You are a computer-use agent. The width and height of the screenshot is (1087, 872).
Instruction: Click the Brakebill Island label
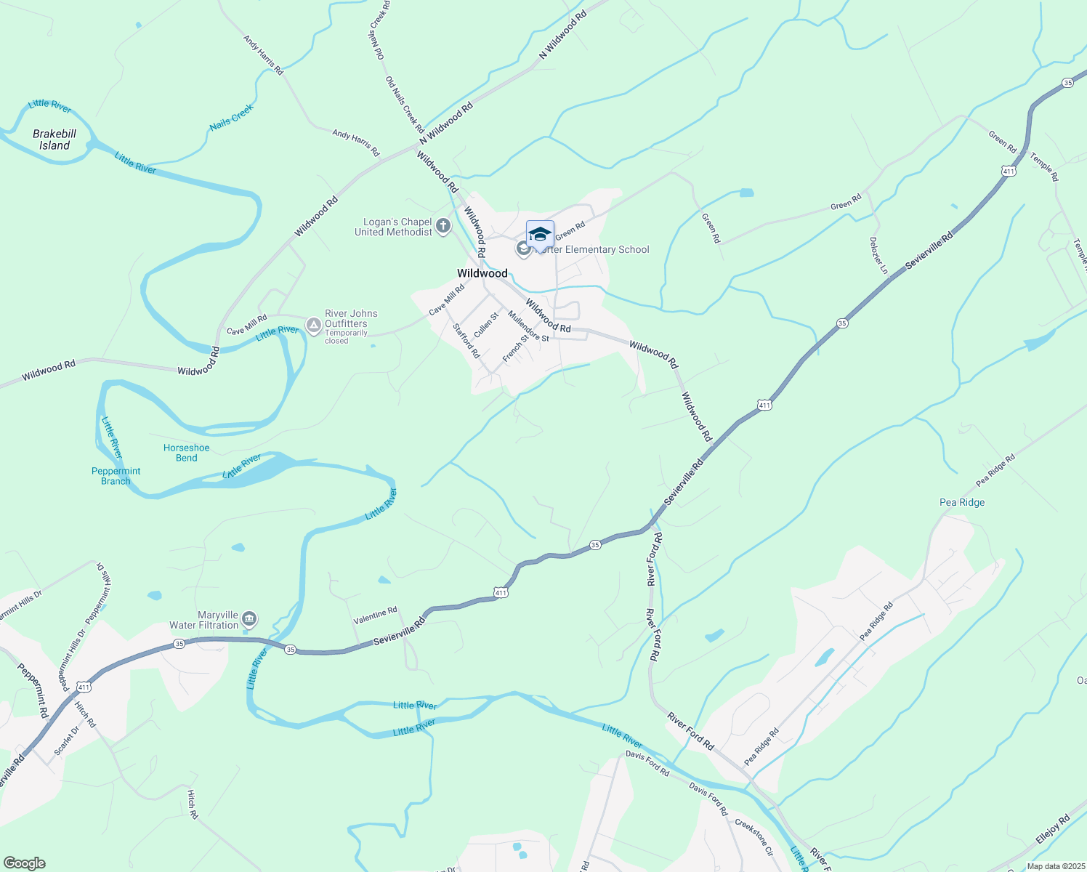tap(54, 140)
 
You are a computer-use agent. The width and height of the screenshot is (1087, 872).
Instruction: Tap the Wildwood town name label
tap(482, 273)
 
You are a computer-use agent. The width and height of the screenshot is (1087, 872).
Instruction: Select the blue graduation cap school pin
tap(540, 235)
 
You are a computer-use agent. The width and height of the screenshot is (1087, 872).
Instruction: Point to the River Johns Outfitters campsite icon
tap(313, 325)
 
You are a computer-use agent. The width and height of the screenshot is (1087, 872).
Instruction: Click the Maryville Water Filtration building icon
tap(249, 619)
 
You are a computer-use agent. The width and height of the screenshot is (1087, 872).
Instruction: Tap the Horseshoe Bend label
tap(186, 453)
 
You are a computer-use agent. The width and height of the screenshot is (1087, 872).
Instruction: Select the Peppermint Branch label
tap(116, 476)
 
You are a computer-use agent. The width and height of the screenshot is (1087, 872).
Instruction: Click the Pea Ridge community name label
tap(962, 502)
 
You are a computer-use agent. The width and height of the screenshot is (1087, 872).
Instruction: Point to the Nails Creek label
tap(232, 118)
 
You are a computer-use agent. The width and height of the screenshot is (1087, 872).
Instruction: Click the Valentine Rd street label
tap(375, 616)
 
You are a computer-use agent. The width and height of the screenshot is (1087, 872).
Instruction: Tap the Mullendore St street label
tap(529, 326)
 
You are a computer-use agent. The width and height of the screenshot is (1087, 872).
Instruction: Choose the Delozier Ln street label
tap(878, 255)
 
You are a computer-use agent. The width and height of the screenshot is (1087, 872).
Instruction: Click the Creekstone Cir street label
tap(754, 837)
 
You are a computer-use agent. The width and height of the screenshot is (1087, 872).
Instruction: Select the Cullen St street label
tap(486, 325)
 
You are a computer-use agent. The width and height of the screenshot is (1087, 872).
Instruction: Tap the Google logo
tap(24, 863)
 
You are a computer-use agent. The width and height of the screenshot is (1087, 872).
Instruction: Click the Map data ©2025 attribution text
tap(1055, 866)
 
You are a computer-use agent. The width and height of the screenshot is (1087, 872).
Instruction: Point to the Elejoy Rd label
tap(1052, 830)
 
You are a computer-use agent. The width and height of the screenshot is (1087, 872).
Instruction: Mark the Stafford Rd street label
tap(466, 340)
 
